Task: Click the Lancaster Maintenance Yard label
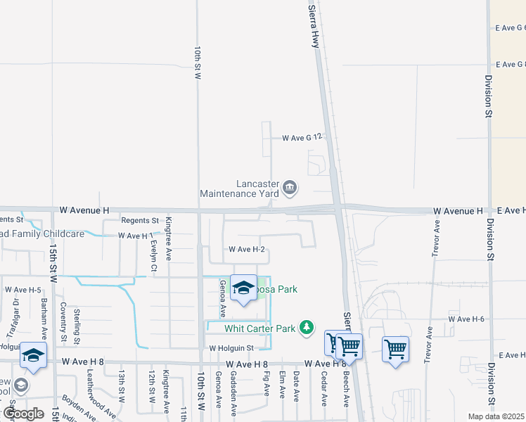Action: coord(239,188)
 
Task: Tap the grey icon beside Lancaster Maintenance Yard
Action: coord(290,188)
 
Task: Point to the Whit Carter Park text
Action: coord(259,328)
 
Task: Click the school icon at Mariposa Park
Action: coord(243,288)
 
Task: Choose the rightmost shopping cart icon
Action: coord(395,349)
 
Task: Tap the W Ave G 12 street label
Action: coord(302,138)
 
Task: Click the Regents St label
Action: coord(140,220)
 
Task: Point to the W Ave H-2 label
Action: coord(246,250)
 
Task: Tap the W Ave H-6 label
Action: coord(467,319)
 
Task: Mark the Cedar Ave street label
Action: coord(324,389)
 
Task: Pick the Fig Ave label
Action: coord(267,384)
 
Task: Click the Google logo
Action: coord(23,414)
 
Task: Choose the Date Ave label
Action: coord(296,387)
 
